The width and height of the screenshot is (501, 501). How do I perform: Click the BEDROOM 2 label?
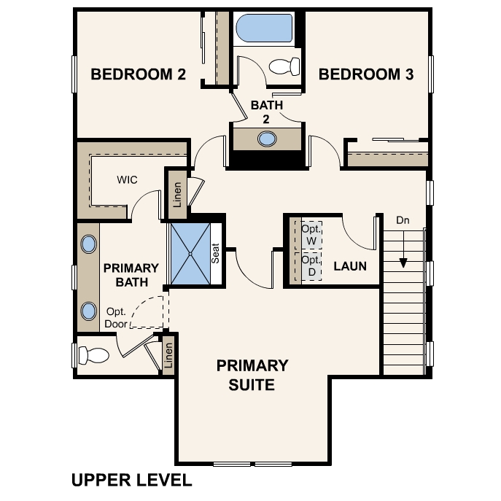(x=138, y=74)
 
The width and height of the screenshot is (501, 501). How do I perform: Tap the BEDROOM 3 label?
(x=366, y=74)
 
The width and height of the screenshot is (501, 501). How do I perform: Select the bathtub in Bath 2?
(x=264, y=28)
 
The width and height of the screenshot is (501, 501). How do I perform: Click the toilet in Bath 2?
(x=284, y=66)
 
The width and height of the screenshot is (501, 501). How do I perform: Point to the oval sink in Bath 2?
(x=267, y=139)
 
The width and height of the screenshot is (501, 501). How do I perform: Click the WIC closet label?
(x=127, y=179)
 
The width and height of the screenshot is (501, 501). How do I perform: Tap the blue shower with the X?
(x=190, y=254)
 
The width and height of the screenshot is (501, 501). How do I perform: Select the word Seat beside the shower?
(x=216, y=253)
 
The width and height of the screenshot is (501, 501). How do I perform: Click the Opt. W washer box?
(x=311, y=235)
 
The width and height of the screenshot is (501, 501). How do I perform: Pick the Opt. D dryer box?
(x=311, y=266)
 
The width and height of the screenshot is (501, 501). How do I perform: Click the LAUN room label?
(x=350, y=266)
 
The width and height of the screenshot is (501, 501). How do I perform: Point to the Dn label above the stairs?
(x=403, y=220)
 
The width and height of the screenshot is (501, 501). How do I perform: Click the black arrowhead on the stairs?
(x=403, y=263)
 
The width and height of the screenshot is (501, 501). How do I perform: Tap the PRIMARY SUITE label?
(x=252, y=375)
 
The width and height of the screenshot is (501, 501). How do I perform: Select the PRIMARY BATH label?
(x=131, y=275)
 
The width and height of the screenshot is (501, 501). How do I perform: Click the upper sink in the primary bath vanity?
(x=88, y=244)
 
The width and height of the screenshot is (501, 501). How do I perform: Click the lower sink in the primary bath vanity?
(x=88, y=311)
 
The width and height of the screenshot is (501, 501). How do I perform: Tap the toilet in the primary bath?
(x=93, y=356)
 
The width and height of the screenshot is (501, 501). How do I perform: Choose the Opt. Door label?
(x=116, y=318)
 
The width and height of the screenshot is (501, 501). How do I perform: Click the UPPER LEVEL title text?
(x=132, y=480)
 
